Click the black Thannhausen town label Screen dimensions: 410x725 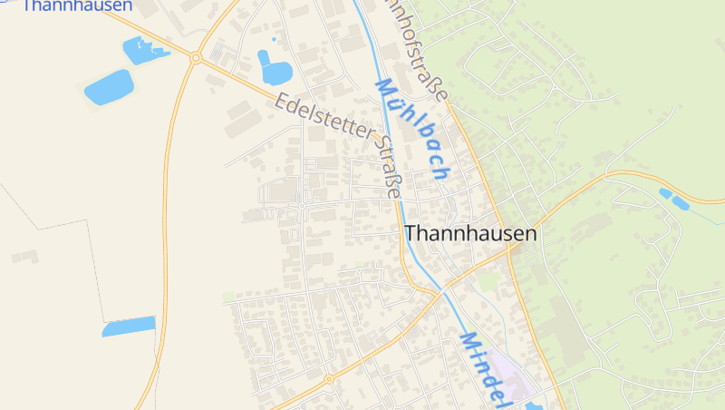[x=470, y=233]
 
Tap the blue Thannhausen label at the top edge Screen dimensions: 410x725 [x=77, y=6]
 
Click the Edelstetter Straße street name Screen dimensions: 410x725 [x=340, y=144]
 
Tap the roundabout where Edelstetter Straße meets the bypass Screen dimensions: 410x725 [x=196, y=57]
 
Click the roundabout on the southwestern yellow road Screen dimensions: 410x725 [x=329, y=378]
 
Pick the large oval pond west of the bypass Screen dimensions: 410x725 [x=109, y=87]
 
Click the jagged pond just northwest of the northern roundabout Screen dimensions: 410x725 [x=142, y=50]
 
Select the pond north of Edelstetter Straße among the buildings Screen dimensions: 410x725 [x=275, y=67]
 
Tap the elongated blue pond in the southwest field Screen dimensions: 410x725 [x=129, y=327]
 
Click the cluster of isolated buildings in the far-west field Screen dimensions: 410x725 [x=24, y=257]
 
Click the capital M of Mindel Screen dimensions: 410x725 [x=469, y=343]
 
